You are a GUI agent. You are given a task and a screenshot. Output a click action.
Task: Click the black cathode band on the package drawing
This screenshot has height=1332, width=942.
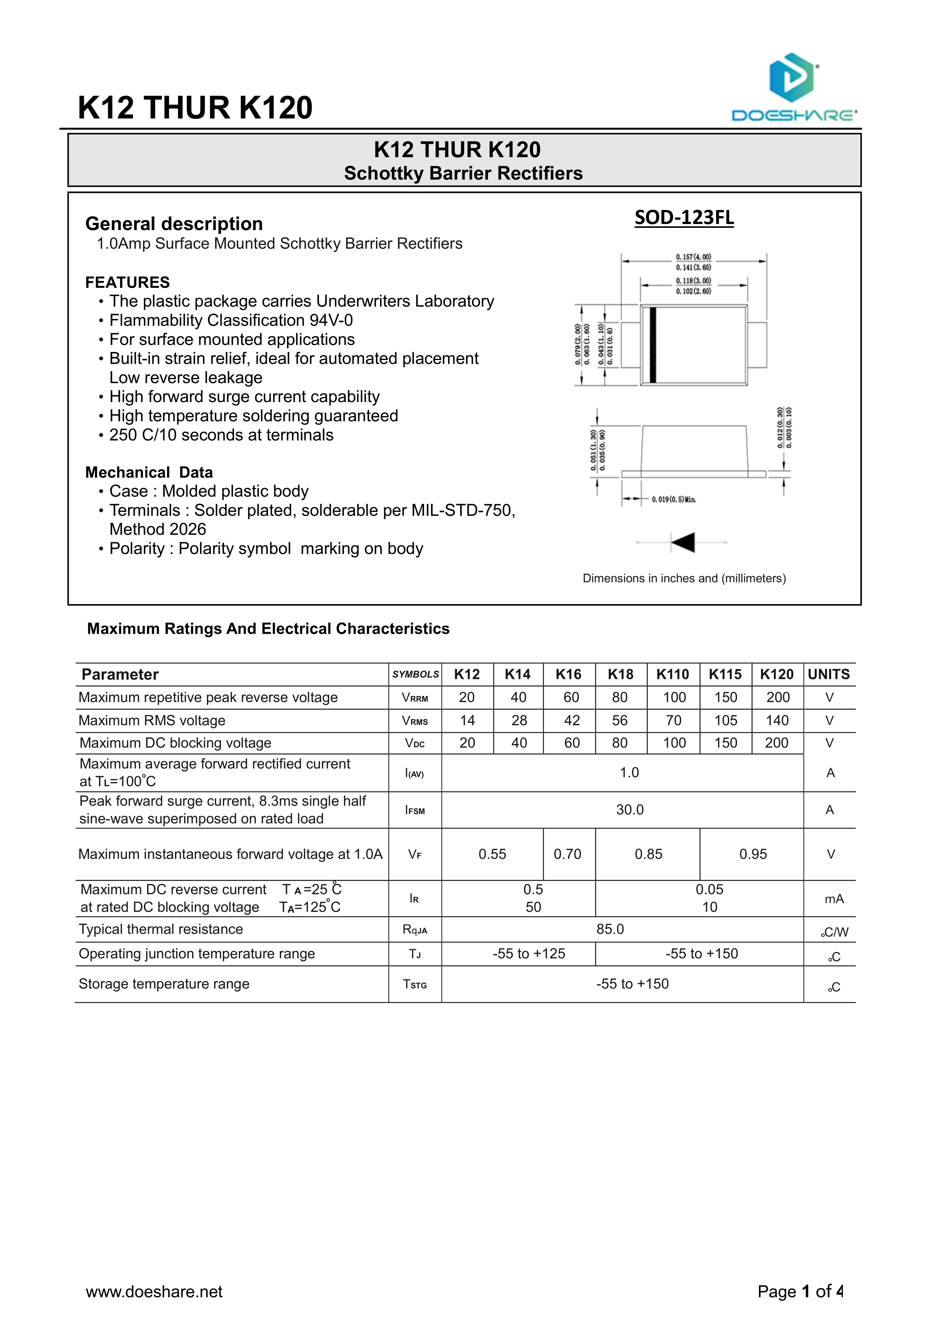pyautogui.click(x=653, y=345)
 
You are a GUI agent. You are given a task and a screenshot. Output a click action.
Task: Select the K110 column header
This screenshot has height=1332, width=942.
pyautogui.click(x=672, y=674)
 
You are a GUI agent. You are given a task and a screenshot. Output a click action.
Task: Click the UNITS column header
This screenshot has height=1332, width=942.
pyautogui.click(x=828, y=674)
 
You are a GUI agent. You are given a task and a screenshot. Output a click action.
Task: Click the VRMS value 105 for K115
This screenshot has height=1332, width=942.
pyautogui.click(x=725, y=721)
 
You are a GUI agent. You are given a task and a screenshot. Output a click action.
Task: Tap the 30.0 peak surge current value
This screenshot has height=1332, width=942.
pyautogui.click(x=630, y=810)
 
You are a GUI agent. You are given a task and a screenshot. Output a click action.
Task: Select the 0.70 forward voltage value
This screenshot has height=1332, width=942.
pyautogui.click(x=567, y=854)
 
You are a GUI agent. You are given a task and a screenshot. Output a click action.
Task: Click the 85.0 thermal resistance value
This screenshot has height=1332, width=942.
pyautogui.click(x=610, y=929)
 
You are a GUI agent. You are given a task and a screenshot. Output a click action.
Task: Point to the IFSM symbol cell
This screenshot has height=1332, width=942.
pyautogui.click(x=415, y=810)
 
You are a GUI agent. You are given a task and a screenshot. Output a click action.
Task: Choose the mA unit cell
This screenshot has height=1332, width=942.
pyautogui.click(x=833, y=899)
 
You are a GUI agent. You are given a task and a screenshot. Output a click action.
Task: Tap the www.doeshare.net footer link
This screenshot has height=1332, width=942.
pyautogui.click(x=154, y=1291)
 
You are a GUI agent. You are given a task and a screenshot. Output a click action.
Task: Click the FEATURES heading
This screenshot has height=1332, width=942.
pyautogui.click(x=128, y=282)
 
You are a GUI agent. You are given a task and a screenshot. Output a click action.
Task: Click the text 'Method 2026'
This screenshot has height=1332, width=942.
pyautogui.click(x=158, y=529)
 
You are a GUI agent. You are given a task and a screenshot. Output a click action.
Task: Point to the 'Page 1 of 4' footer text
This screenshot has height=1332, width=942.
pyautogui.click(x=800, y=1291)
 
